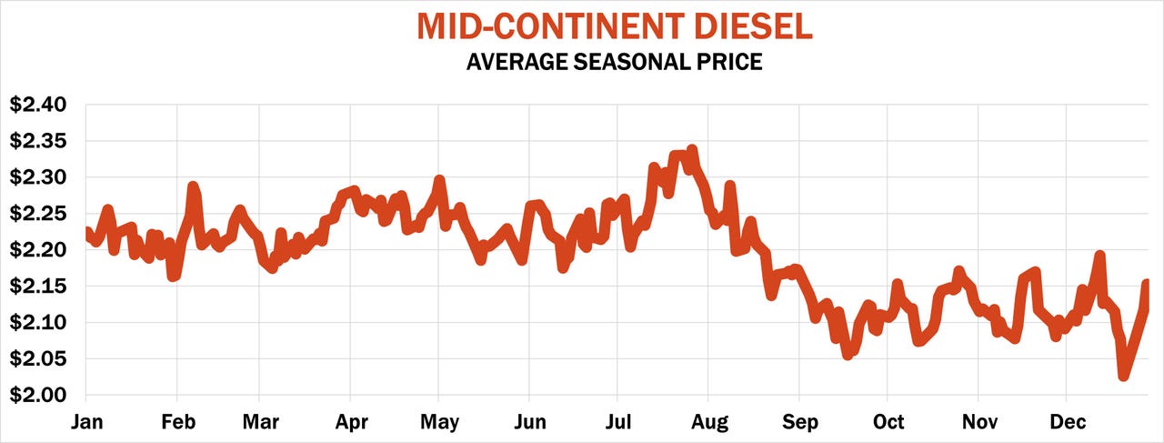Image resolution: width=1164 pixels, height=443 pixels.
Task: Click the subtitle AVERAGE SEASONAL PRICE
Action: click(x=614, y=63)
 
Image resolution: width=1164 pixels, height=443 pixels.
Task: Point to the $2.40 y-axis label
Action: click(x=38, y=105)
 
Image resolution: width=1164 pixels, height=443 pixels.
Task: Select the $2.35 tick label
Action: click(x=38, y=141)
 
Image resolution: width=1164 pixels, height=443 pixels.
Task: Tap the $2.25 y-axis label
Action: click(x=38, y=214)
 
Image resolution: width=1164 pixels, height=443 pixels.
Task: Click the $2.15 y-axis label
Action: click(x=38, y=287)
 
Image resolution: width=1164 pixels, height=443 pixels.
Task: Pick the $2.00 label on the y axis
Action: click(x=38, y=396)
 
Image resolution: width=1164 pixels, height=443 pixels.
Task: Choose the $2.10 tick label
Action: click(x=38, y=323)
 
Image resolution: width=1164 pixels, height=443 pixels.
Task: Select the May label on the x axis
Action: click(x=438, y=422)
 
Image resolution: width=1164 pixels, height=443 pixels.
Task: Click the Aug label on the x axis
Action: click(x=709, y=422)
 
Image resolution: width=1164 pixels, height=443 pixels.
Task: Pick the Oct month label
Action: click(x=888, y=422)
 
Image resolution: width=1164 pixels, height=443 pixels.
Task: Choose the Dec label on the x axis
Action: click(x=1068, y=422)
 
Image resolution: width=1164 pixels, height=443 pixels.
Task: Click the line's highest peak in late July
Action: click(x=692, y=150)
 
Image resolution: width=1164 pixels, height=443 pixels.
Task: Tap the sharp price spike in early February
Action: click(x=193, y=187)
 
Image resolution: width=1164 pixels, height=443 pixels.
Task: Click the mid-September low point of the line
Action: click(x=848, y=354)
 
